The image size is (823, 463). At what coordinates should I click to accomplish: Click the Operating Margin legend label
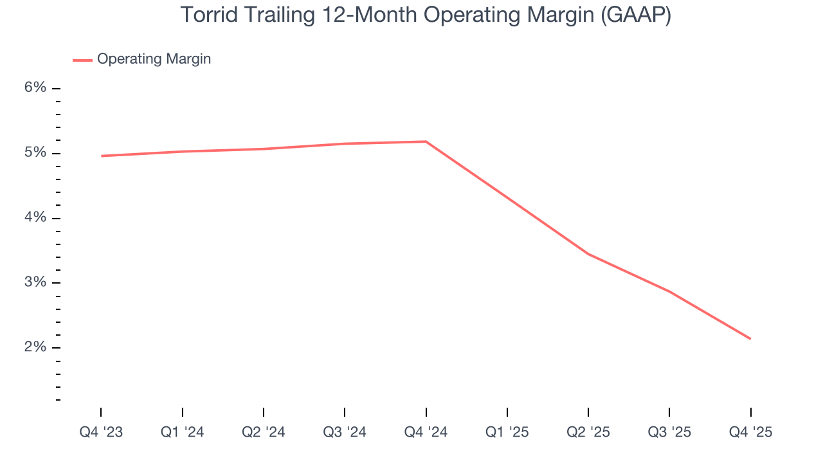tap(154, 59)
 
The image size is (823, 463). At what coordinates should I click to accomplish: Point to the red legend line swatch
tap(82, 60)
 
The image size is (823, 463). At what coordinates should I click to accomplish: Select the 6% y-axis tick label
tap(35, 88)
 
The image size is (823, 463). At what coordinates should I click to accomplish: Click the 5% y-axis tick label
tap(35, 153)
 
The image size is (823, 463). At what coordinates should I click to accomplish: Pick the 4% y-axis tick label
tap(35, 218)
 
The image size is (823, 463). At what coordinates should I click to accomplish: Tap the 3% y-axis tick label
tap(35, 283)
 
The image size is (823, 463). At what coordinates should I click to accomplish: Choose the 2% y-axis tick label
tap(35, 348)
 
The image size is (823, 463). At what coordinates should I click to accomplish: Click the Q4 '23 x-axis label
tap(101, 432)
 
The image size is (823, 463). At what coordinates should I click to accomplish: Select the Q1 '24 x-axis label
tap(183, 432)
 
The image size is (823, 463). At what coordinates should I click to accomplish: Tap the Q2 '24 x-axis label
tap(264, 432)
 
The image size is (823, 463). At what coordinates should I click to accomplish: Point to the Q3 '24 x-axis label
tap(345, 432)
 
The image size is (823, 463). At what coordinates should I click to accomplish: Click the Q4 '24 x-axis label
tap(426, 432)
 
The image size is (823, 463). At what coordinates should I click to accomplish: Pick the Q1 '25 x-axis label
tap(507, 432)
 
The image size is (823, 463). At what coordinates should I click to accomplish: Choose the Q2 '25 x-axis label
tap(588, 432)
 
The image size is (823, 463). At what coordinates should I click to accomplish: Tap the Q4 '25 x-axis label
tap(750, 432)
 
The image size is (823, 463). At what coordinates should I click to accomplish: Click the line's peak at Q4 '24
tap(426, 141)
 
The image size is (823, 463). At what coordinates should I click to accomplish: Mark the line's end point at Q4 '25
tap(750, 339)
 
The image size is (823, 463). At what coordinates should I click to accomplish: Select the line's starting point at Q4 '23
tap(102, 156)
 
